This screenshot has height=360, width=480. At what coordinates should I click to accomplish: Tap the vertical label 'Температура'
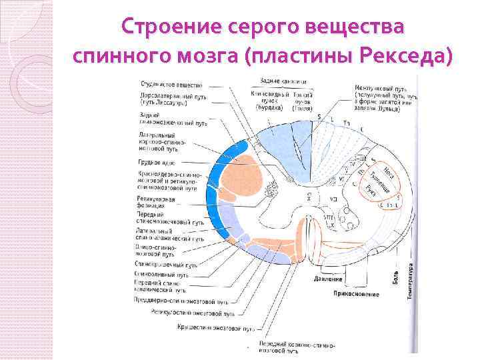tap(409, 279)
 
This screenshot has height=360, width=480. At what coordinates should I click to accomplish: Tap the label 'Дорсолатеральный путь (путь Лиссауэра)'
tap(173, 99)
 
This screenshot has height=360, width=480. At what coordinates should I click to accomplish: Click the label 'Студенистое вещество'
tap(172, 85)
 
